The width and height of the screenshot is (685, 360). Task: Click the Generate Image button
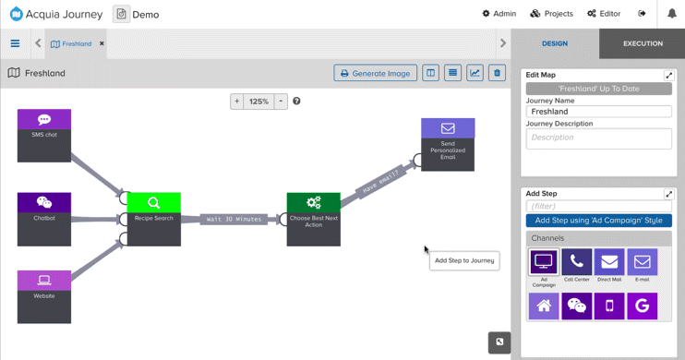click(x=375, y=73)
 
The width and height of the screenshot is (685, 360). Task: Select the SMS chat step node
click(x=44, y=135)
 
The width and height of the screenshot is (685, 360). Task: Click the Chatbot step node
click(x=44, y=218)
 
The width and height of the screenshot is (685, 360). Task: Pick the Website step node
click(x=44, y=295)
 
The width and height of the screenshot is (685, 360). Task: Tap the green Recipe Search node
click(x=154, y=218)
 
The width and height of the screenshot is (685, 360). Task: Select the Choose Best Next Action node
click(x=314, y=219)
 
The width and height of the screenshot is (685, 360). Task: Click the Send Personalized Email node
click(x=448, y=144)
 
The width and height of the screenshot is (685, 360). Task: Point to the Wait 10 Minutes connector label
click(x=234, y=219)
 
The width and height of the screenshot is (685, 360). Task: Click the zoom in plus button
click(x=237, y=102)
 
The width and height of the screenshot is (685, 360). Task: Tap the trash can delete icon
click(x=497, y=73)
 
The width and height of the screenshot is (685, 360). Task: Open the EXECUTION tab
click(x=643, y=43)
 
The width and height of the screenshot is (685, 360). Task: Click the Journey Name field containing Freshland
click(x=598, y=112)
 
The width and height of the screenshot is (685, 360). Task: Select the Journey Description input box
click(x=598, y=138)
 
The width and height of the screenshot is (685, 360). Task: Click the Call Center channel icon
click(x=577, y=262)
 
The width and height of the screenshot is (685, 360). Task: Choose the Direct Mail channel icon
click(x=609, y=262)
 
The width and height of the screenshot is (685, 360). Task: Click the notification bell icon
click(x=672, y=14)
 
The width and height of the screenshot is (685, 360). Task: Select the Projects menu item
click(x=552, y=14)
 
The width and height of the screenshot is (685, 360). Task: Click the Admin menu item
click(x=499, y=14)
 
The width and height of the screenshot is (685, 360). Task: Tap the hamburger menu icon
click(x=15, y=43)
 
